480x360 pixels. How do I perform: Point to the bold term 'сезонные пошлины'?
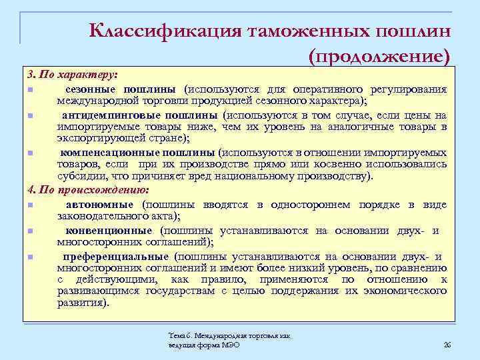[120, 89]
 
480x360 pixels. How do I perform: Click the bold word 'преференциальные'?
[115, 257]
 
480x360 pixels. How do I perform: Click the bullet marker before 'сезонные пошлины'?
[30, 89]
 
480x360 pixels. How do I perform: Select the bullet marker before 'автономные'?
[30, 204]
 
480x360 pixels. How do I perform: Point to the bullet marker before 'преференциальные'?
[30, 257]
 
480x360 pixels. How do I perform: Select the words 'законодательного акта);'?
[119, 216]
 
